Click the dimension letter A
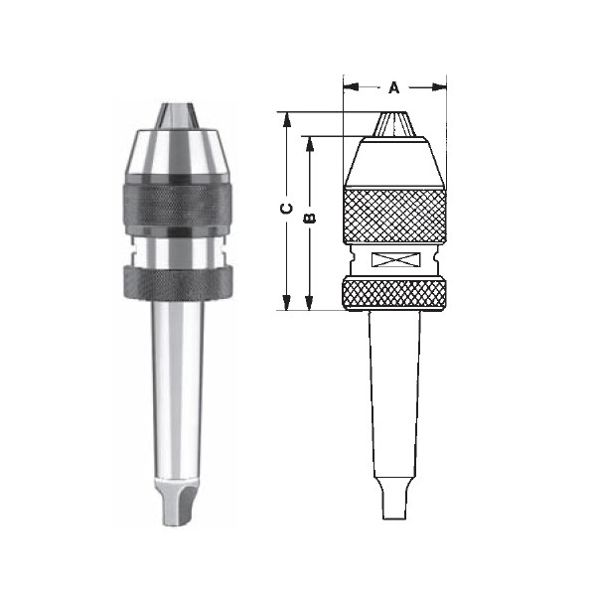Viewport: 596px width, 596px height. pos(394,87)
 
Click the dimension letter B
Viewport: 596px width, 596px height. pos(310,218)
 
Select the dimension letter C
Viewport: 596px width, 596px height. pos(287,209)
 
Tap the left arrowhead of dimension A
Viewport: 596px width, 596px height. pos(351,87)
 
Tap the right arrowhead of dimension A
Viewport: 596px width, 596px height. pos(439,87)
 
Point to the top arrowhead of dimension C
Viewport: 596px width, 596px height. pos(287,120)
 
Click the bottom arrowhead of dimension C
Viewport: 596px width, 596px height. pos(287,303)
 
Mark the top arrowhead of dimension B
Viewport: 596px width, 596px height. pos(310,144)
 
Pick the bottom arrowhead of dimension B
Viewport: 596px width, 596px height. pos(310,303)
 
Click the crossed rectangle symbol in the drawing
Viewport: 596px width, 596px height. pos(395,259)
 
